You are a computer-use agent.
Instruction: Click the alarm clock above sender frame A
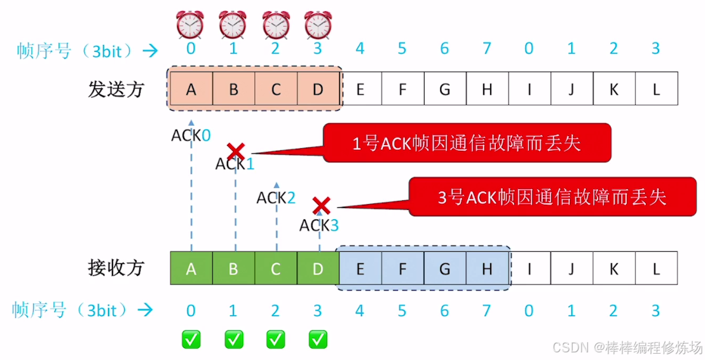click(191, 25)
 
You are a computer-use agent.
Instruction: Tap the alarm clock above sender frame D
click(317, 25)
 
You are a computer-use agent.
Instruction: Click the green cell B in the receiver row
click(233, 268)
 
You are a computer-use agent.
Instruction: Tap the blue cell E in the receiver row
click(360, 268)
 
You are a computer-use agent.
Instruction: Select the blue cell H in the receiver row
click(487, 268)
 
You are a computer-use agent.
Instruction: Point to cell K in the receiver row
click(613, 268)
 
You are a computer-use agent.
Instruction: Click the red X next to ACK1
click(236, 151)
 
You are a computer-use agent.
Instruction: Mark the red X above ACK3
click(322, 205)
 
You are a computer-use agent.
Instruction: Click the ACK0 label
click(190, 135)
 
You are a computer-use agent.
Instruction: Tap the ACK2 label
click(276, 198)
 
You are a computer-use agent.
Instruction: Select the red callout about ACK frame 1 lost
click(467, 143)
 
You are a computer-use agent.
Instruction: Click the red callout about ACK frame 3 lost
click(552, 197)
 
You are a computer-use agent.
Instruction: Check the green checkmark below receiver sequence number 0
click(191, 339)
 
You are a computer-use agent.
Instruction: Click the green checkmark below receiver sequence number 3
click(317, 339)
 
